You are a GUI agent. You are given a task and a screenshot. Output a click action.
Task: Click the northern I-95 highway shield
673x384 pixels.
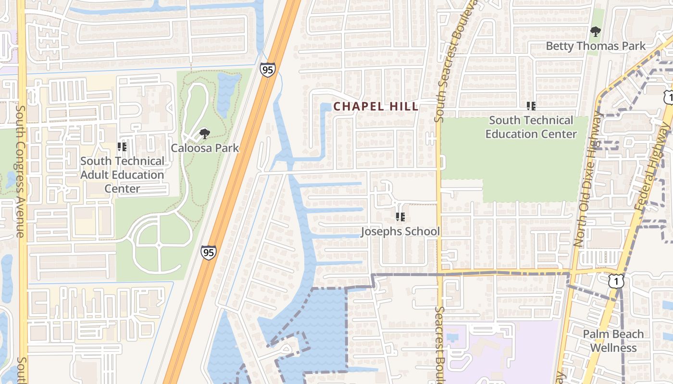pos(268,69)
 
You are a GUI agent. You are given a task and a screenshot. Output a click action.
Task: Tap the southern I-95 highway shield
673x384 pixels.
pos(208,252)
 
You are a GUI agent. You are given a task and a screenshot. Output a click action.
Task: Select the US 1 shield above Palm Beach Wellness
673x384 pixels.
pos(616,281)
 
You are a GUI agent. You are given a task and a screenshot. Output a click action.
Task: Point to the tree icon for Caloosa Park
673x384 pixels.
pos(204,133)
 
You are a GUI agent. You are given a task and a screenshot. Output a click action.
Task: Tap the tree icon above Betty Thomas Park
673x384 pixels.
pos(596,32)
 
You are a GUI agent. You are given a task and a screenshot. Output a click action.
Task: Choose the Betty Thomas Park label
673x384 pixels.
pos(596,46)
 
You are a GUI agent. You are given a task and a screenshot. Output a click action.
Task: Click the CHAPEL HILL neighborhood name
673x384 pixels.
pos(376,107)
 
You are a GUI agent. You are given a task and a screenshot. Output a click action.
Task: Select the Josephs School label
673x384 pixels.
pos(400,231)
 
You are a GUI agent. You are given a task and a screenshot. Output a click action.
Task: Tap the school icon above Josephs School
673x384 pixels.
pos(400,217)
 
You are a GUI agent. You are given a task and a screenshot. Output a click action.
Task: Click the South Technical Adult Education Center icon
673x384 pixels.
pos(122,147)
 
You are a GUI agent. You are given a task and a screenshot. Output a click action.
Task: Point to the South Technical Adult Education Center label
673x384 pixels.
pos(122,175)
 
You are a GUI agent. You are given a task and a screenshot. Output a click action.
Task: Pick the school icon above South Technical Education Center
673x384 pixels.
pos(531,106)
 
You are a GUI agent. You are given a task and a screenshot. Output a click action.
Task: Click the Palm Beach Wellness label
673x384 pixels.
pos(613,341)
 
